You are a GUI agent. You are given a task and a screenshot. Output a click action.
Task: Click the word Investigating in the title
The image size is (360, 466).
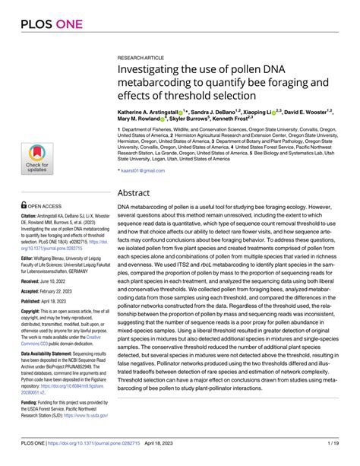(x=154, y=71)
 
